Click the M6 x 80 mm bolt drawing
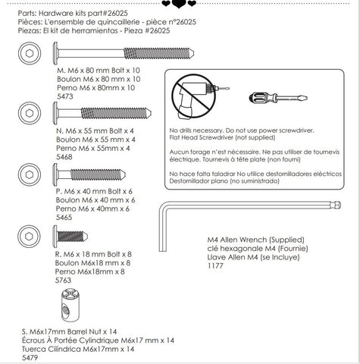pos(124,53)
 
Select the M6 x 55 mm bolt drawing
pos(102,113)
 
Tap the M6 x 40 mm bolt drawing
pos(89,174)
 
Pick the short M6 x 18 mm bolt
pos(70,237)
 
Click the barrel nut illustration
pos(70,305)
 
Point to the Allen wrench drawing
pos(249,205)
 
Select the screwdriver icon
pos(278,98)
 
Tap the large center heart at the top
pos(179,4)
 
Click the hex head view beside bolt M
pos(30,53)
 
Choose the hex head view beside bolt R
pos(29,237)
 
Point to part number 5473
pos(65,96)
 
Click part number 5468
pos(64,157)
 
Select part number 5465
pos(64,218)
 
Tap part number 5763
pos(63,281)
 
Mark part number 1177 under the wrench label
pos(215,266)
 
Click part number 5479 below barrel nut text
pos(30,358)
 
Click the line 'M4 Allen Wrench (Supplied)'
pos(256,240)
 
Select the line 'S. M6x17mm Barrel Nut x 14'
pos(69,331)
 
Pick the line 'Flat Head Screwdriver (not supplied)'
pos(222,137)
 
